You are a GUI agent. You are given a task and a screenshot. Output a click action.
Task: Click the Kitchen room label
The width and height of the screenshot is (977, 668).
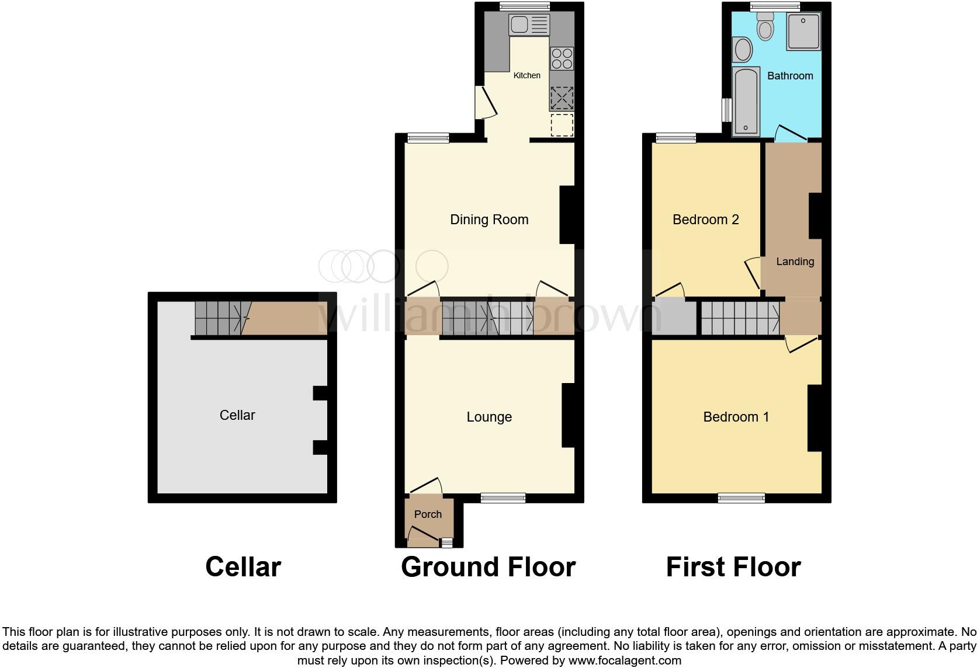526,75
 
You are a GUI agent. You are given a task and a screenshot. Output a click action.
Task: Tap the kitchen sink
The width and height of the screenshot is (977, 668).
529,25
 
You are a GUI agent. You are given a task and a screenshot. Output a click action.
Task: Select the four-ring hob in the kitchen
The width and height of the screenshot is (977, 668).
562,59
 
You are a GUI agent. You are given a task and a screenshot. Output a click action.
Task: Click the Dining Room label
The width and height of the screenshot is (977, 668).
489,220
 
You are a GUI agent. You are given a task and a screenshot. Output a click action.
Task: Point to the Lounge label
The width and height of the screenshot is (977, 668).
489,417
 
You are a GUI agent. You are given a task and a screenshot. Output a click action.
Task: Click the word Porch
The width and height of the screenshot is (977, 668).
428,514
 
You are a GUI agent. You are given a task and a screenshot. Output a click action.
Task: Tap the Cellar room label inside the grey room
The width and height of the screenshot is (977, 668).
237,415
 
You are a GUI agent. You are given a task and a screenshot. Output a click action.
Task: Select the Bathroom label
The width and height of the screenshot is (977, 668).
790,76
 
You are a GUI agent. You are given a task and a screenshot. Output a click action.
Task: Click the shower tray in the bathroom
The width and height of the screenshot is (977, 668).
803,32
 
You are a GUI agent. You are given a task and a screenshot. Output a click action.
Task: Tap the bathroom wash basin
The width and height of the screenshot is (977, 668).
743,50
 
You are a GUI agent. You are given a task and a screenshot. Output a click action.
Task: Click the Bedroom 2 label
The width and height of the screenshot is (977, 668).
705,220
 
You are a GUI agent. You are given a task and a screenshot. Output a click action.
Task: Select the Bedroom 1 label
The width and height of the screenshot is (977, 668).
736,417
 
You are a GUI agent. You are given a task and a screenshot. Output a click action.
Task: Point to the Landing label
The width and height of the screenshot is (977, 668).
795,262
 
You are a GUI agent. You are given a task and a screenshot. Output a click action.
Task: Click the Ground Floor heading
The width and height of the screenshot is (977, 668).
488,567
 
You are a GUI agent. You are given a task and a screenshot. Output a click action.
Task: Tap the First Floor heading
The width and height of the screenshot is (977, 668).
733,567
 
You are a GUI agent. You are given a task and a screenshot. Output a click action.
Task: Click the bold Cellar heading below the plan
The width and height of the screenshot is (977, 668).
243,567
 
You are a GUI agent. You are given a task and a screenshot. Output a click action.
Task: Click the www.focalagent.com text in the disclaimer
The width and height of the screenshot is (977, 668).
625,660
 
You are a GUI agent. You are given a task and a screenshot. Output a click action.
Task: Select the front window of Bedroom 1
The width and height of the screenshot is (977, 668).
741,497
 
